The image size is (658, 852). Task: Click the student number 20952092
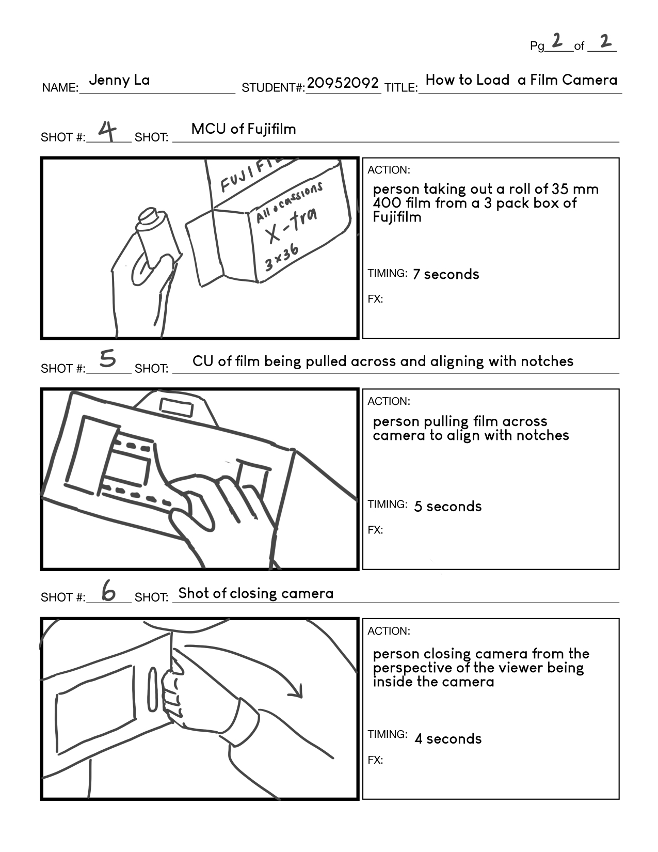tap(343, 83)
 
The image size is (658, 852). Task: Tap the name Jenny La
tap(119, 80)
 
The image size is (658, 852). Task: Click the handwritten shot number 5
tap(107, 359)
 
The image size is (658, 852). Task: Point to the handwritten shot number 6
tap(108, 591)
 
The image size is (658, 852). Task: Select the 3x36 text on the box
tap(282, 257)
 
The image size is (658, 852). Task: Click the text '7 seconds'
tap(445, 274)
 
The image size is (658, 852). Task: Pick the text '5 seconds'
tap(447, 507)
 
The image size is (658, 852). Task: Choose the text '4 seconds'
tap(447, 739)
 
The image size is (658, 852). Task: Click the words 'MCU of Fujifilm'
tap(244, 129)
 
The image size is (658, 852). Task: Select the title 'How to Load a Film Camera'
tap(521, 80)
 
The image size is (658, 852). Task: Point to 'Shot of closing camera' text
tap(256, 593)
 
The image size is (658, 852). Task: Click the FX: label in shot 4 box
tap(375, 299)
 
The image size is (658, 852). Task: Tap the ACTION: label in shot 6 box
tap(389, 631)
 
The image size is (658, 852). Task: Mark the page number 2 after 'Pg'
tap(557, 40)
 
